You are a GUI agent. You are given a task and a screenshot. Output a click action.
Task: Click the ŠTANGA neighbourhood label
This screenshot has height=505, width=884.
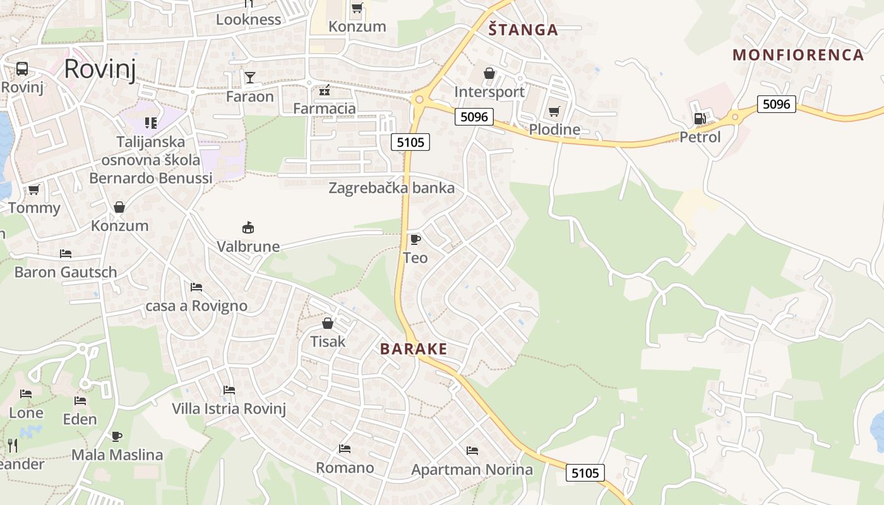[523, 30]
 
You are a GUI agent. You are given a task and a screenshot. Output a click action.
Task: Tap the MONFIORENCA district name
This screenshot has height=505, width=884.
[798, 55]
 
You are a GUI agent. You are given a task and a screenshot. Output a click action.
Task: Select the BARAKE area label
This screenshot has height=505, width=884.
[414, 349]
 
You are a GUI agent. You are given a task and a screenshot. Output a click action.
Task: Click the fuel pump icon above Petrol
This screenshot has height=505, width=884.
[700, 118]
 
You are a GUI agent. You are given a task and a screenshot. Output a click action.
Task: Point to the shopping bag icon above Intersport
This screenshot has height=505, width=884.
[489, 74]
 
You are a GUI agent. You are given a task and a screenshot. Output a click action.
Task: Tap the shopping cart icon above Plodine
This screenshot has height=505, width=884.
[554, 112]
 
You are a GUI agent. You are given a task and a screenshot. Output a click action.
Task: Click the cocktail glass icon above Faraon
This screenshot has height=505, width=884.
[250, 78]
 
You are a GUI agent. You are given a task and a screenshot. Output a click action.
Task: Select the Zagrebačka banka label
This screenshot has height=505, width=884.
[391, 188]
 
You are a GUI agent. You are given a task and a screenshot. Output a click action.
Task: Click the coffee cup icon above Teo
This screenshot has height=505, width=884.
[415, 239]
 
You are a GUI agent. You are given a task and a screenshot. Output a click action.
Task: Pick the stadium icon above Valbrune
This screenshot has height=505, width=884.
[248, 227]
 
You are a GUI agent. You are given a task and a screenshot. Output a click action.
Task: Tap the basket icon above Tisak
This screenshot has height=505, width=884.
[328, 324]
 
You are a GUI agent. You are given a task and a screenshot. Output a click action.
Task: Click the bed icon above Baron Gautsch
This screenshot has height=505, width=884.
[66, 254]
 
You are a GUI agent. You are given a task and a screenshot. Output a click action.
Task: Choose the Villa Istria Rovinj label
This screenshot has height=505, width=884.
[229, 408]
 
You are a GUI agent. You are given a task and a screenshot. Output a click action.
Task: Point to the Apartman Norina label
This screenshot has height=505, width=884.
[472, 470]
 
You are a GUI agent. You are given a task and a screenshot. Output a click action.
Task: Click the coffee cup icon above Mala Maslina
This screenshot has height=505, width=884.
[116, 436]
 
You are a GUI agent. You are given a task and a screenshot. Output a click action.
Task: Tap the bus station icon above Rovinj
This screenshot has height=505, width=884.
[22, 69]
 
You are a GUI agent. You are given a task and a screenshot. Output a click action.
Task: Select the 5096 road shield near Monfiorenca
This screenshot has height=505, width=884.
[776, 104]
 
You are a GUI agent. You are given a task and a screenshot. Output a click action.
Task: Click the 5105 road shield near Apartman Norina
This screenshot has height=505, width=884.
[585, 472]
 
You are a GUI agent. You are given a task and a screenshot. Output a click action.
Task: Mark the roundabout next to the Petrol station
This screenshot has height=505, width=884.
[734, 117]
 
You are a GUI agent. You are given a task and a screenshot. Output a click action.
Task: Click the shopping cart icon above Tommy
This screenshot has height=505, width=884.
[33, 189]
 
